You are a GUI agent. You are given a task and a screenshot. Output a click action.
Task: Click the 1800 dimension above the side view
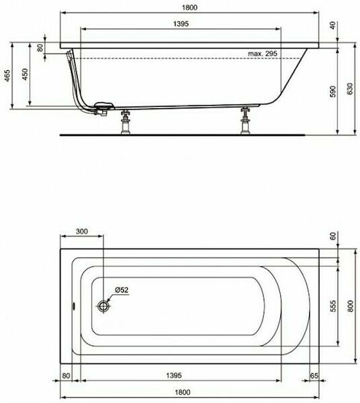click(x=190, y=7)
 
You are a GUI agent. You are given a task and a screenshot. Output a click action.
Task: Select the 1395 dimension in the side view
click(x=181, y=24)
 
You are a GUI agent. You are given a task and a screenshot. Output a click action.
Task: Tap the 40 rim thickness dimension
click(x=333, y=25)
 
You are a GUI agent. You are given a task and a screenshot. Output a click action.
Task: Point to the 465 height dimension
click(x=7, y=75)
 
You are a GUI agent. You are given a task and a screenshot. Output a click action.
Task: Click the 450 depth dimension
click(x=25, y=74)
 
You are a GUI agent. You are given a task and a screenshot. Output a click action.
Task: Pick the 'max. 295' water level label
click(x=263, y=54)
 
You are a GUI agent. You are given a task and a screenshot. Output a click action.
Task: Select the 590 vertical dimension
click(x=333, y=92)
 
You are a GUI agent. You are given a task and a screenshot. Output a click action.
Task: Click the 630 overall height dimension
click(x=350, y=89)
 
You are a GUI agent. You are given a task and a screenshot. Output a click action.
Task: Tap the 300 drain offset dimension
click(x=81, y=231)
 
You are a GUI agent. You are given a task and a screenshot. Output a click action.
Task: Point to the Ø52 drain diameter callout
click(x=122, y=290)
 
